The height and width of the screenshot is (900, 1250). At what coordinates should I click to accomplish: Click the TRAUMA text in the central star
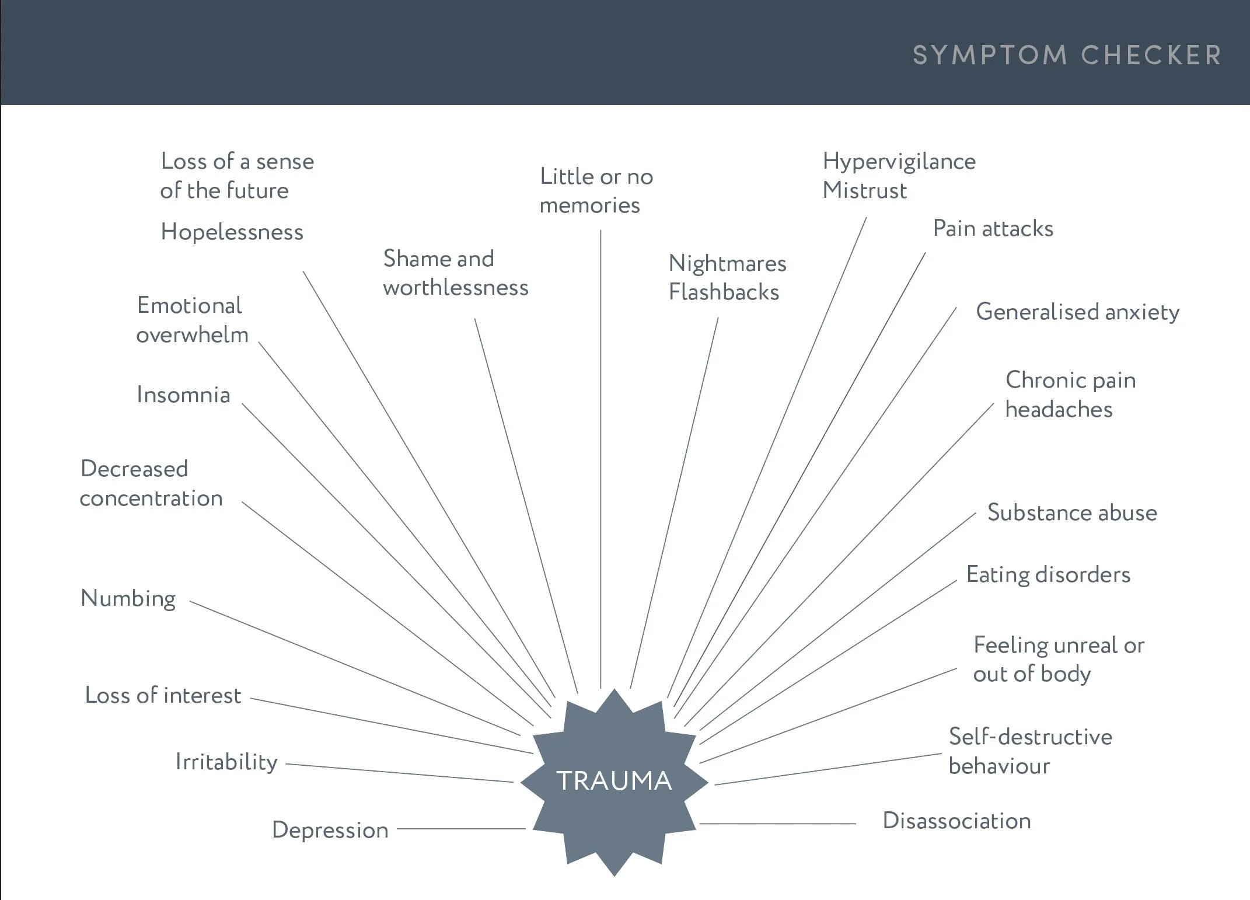pyautogui.click(x=614, y=781)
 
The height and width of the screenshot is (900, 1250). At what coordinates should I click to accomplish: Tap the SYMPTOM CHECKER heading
pyautogui.click(x=1067, y=55)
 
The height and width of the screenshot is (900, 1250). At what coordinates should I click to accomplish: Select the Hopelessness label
pyautogui.click(x=232, y=232)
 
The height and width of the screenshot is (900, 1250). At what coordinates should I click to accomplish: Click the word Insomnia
pyautogui.click(x=183, y=395)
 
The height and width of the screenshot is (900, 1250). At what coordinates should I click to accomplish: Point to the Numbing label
pyautogui.click(x=128, y=599)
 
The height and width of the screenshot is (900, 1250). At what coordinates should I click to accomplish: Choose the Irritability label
pyautogui.click(x=226, y=762)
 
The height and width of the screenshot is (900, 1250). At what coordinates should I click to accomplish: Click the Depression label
pyautogui.click(x=330, y=830)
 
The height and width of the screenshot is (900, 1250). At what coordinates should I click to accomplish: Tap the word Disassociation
pyautogui.click(x=956, y=821)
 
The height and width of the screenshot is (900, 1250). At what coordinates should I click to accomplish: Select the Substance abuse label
pyautogui.click(x=1071, y=512)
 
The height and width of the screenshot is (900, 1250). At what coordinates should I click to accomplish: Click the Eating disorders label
pyautogui.click(x=1048, y=575)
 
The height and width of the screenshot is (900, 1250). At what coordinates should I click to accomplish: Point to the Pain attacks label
pyautogui.click(x=993, y=229)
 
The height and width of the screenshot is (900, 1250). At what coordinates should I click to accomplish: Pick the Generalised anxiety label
pyautogui.click(x=1077, y=312)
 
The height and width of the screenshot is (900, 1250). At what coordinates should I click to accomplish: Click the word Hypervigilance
pyautogui.click(x=899, y=162)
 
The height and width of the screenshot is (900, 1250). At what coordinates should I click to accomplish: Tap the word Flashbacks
pyautogui.click(x=724, y=292)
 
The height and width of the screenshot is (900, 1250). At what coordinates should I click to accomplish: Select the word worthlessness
pyautogui.click(x=455, y=288)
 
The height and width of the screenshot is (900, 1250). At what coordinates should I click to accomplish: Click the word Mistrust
pyautogui.click(x=864, y=191)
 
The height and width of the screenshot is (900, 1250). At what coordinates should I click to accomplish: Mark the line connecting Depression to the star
pyautogui.click(x=461, y=829)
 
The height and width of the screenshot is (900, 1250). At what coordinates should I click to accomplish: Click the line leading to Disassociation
pyautogui.click(x=776, y=824)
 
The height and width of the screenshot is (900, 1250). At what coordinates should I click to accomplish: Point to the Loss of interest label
pyautogui.click(x=163, y=696)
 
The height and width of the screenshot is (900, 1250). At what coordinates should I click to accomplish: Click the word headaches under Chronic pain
pyautogui.click(x=1059, y=410)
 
